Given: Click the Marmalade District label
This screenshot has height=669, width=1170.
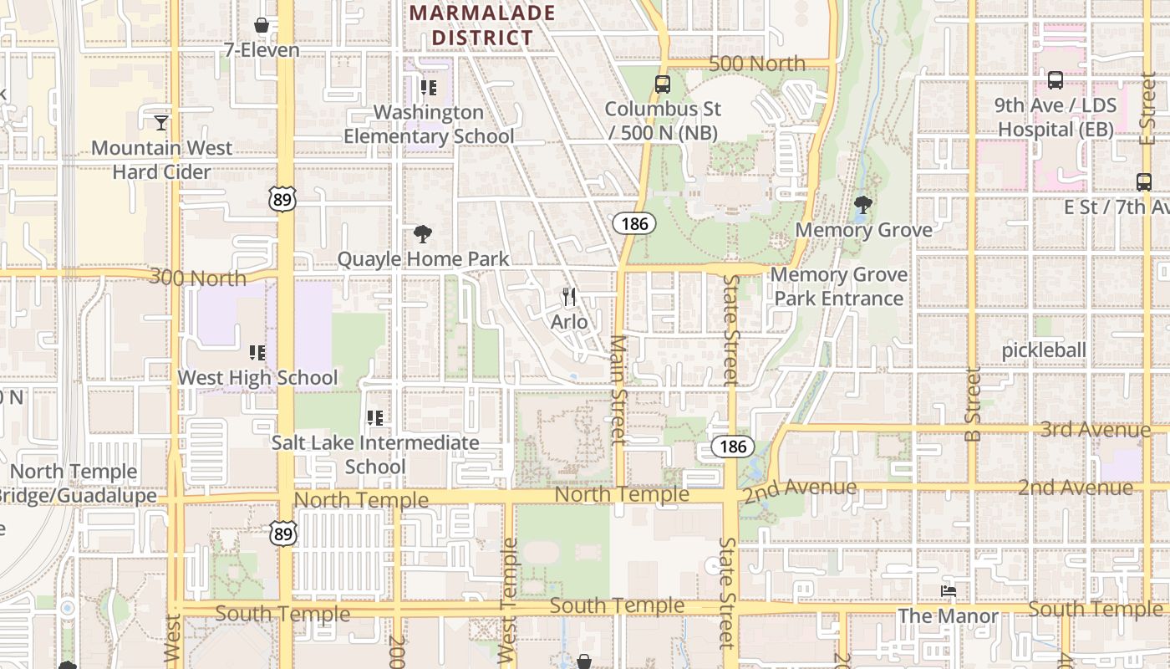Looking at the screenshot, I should click(x=483, y=25).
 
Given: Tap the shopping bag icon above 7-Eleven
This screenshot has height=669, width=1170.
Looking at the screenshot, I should click(x=262, y=25).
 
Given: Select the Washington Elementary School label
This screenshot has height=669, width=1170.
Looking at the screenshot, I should click(x=429, y=124).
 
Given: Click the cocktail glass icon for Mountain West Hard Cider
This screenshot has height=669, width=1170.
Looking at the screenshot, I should click(x=161, y=123).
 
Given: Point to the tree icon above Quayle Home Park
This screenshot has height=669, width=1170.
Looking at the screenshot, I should click(x=423, y=233).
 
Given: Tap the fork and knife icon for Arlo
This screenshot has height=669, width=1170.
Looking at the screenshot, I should click(x=569, y=296).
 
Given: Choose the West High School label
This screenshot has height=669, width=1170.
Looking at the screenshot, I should click(x=257, y=378).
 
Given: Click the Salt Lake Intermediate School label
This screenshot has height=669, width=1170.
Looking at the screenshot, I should click(x=375, y=454).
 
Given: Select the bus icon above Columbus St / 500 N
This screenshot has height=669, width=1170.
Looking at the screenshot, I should click(x=663, y=84).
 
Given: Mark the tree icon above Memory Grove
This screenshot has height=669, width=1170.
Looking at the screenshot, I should click(x=863, y=204).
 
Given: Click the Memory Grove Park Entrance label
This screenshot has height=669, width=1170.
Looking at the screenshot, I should click(x=838, y=287).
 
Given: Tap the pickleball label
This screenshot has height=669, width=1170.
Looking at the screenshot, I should click(x=1044, y=350).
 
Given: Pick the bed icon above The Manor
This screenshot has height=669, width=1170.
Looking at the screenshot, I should click(x=949, y=591).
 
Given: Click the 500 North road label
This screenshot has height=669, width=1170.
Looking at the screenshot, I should click(x=757, y=64).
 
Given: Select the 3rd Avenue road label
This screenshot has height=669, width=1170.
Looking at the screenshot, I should click(x=1095, y=430).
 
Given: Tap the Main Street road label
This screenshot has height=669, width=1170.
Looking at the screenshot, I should click(x=618, y=389).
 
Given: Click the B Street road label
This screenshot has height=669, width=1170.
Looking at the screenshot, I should click(x=972, y=405).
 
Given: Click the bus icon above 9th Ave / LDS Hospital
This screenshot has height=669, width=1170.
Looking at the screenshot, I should click(x=1056, y=80).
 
